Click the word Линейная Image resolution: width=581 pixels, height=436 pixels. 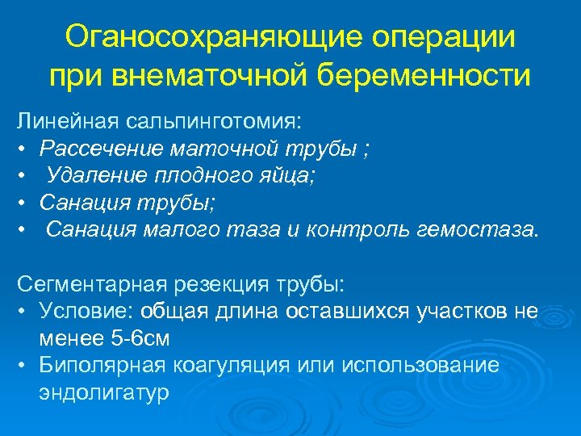coord(67,122)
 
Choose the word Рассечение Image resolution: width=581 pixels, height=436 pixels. coord(98,149)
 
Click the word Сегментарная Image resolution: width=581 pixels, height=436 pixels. coord(91,285)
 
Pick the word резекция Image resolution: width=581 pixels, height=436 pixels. coord(225,285)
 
